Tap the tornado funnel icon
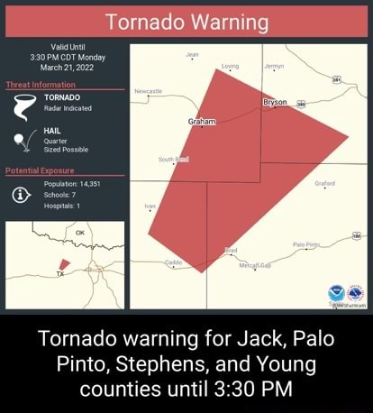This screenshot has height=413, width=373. [x=26, y=108]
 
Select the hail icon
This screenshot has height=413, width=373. [x=26, y=142]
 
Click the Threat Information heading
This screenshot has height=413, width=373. [x=41, y=85]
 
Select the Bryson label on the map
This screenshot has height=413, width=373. [x=275, y=102]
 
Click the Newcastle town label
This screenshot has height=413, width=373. [x=148, y=91]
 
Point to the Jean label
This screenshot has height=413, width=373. [x=192, y=55]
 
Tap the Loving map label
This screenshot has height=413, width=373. [x=231, y=67]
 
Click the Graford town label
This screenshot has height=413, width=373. [x=325, y=183]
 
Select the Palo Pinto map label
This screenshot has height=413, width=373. [x=332, y=243]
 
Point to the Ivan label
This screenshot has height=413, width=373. [x=150, y=206]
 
